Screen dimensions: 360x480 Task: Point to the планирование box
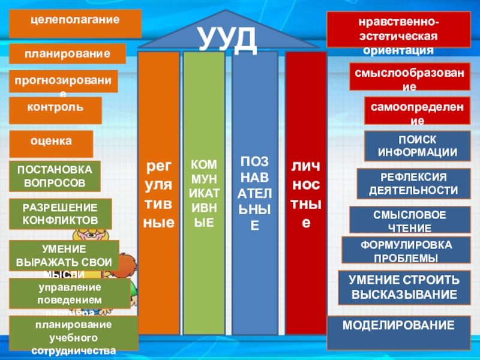click(x=67, y=54)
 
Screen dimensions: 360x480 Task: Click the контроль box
click(x=55, y=110)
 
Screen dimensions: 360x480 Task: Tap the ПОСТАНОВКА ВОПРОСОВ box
click(x=55, y=176)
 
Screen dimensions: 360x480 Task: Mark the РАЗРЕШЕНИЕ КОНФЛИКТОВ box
click(x=60, y=214)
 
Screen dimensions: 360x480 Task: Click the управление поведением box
click(x=70, y=293)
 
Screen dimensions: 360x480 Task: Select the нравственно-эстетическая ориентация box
click(x=398, y=30)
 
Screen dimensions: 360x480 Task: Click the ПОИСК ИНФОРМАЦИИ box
click(x=416, y=146)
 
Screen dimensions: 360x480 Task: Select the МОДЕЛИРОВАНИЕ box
click(x=398, y=332)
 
